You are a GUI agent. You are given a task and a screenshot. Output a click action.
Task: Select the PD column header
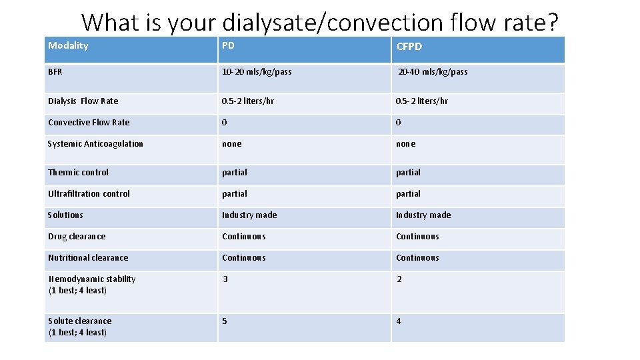(228, 45)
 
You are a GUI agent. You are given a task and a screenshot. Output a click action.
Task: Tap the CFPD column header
(409, 46)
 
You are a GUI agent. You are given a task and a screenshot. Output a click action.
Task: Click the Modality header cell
(68, 45)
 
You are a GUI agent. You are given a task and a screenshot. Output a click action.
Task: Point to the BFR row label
(55, 71)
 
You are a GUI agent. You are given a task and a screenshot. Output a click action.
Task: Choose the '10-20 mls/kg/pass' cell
(257, 71)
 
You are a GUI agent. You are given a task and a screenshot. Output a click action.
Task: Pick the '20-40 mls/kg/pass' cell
(433, 71)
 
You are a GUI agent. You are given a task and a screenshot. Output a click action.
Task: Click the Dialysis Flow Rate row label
(83, 101)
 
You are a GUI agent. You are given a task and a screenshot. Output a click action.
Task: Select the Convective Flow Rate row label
(89, 122)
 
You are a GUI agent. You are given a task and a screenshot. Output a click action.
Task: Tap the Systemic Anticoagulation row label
(95, 143)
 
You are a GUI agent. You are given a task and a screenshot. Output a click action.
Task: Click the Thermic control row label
(78, 172)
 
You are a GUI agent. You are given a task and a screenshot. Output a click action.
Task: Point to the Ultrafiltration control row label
(89, 193)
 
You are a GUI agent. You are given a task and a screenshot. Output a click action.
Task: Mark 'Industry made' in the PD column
(249, 215)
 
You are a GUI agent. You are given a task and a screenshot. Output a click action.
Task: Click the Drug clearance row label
(77, 236)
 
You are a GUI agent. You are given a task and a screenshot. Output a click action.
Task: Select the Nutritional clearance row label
(88, 257)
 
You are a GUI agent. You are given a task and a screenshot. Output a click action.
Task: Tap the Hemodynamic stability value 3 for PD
(225, 279)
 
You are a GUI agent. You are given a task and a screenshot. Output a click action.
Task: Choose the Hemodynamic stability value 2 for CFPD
(399, 279)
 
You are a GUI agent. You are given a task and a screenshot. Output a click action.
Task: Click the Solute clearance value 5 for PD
(225, 321)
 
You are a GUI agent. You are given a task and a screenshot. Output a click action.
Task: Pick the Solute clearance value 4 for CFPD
(399, 321)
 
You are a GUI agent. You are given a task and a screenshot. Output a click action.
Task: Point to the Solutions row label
(65, 215)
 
